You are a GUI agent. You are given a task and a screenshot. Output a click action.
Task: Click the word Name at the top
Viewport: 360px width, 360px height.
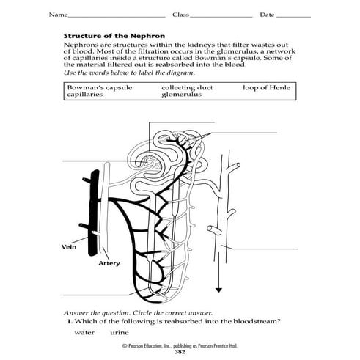tap(57, 15)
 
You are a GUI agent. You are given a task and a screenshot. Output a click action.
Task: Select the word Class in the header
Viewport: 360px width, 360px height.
tap(180, 15)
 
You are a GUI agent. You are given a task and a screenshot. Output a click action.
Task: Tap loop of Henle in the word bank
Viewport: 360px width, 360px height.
tap(266, 87)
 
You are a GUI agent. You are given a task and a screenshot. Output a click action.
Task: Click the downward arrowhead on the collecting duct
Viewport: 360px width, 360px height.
tap(217, 288)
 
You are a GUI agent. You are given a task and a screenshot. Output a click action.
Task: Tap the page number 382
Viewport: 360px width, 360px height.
tap(180, 352)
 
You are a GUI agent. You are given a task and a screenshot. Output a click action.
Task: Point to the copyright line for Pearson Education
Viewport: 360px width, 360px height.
tap(180, 345)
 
